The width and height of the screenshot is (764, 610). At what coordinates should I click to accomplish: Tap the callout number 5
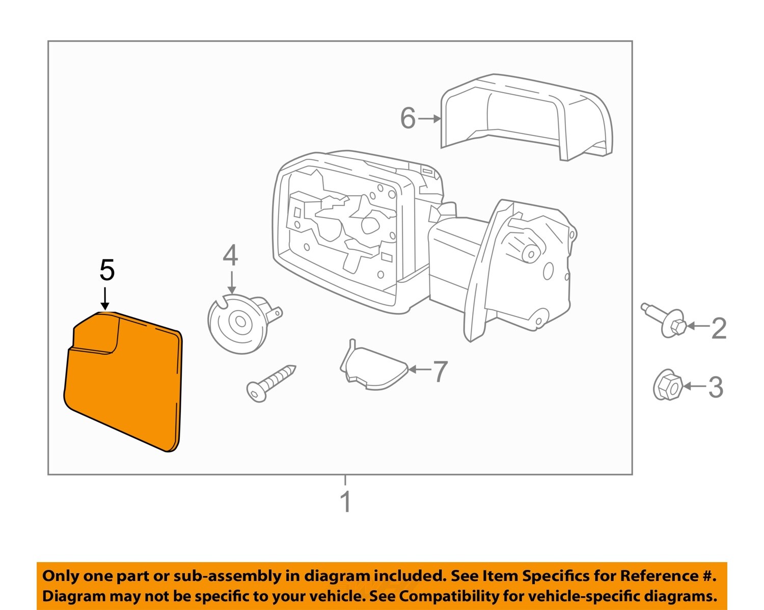tap(106, 270)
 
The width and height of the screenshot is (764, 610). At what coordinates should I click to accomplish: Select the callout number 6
tap(407, 118)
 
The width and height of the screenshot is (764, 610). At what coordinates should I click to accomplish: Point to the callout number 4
tap(230, 256)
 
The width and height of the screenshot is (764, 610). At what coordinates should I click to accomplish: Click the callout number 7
tap(440, 371)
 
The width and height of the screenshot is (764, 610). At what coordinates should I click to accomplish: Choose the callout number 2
tap(719, 328)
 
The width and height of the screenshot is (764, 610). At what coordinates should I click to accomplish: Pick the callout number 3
tap(716, 387)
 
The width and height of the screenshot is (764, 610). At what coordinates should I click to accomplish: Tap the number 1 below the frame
tap(345, 502)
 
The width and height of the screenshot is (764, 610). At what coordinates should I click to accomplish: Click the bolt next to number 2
tap(665, 320)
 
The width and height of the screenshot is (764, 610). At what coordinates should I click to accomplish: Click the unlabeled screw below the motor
tap(270, 383)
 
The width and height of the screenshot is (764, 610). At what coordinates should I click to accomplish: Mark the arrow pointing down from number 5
tap(105, 298)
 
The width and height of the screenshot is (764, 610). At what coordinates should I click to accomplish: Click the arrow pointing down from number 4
tap(232, 283)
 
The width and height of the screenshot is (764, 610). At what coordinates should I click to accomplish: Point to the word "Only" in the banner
tap(61, 576)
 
